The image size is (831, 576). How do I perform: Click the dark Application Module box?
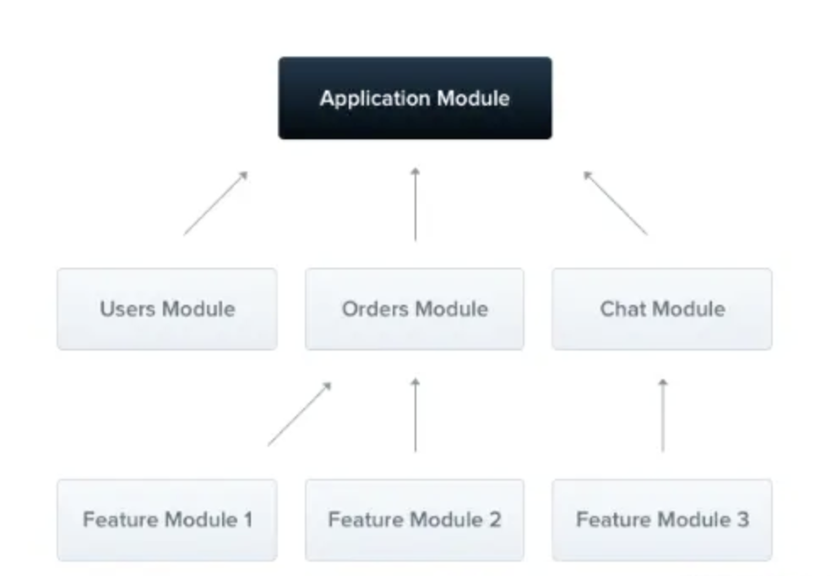click(x=415, y=98)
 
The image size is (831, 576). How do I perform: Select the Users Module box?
click(x=167, y=309)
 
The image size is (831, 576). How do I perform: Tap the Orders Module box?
click(x=415, y=309)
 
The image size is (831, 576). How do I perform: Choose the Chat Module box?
click(x=662, y=309)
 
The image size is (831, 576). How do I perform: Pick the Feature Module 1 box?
click(x=167, y=519)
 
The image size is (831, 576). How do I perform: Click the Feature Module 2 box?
click(x=415, y=519)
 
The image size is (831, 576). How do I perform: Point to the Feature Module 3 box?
click(x=662, y=519)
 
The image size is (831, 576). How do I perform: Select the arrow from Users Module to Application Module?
click(x=215, y=203)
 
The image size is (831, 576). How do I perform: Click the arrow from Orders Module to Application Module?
click(x=415, y=204)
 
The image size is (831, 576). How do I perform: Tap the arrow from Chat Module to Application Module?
click(x=616, y=203)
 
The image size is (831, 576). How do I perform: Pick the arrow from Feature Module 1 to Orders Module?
click(x=300, y=414)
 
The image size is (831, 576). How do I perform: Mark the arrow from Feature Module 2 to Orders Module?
click(x=415, y=415)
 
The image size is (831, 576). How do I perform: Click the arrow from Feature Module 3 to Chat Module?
click(x=663, y=415)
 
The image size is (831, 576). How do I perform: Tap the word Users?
click(x=128, y=309)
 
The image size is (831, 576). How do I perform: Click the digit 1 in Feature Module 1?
click(x=247, y=519)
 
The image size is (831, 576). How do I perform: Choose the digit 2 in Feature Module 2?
click(x=495, y=519)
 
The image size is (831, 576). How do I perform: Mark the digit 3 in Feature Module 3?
click(x=743, y=519)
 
